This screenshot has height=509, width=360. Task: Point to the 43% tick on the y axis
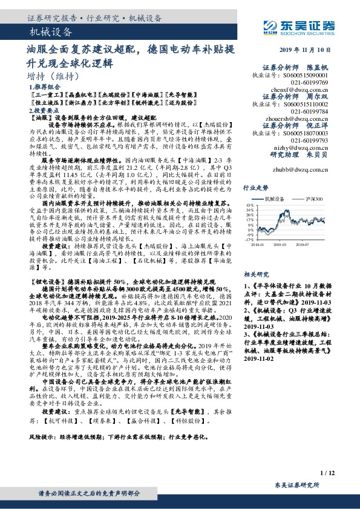(x=250, y=205)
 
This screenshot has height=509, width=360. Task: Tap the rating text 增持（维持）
(x=53, y=76)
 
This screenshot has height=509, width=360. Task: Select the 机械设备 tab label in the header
(x=51, y=32)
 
